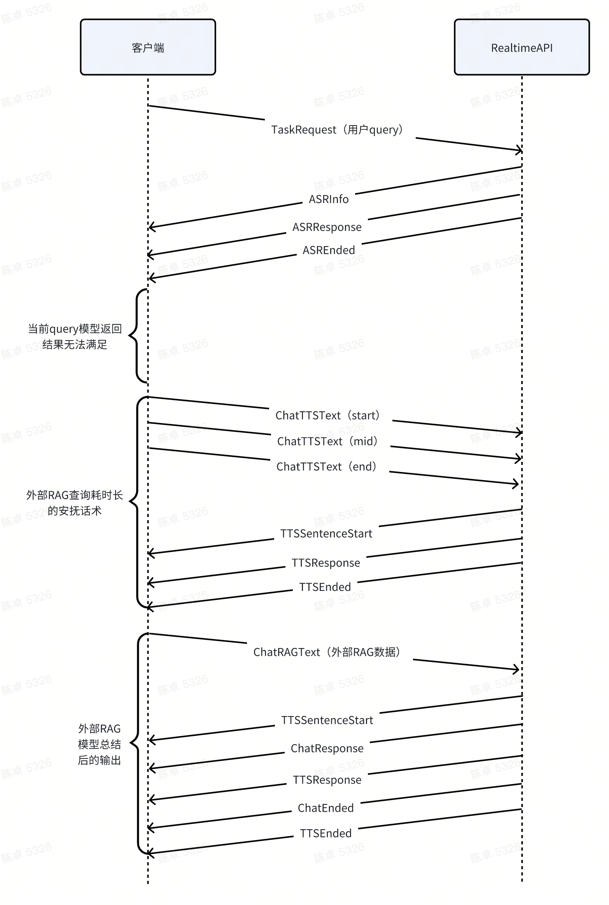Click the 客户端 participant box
(148, 47)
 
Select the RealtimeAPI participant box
(521, 47)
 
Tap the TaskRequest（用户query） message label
(337, 129)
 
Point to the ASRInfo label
(329, 199)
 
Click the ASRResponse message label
(327, 227)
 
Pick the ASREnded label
(329, 250)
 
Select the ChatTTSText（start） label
(327, 415)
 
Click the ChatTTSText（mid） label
(327, 441)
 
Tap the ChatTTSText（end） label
(327, 466)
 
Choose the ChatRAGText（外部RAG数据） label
(327, 652)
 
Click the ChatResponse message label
(327, 748)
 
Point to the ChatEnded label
(325, 808)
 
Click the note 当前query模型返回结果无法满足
(75, 337)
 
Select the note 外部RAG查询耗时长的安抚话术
(75, 503)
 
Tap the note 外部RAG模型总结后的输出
(99, 744)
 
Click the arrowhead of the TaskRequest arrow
(520, 150)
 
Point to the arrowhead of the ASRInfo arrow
(150, 227)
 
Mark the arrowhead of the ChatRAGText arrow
(518, 669)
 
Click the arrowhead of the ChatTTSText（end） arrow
(517, 484)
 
